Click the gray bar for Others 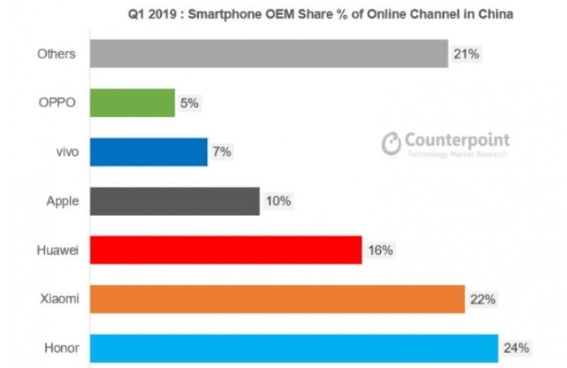268,54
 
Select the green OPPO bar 132,103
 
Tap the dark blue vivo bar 148,152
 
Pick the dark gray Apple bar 175,201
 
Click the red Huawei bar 225,250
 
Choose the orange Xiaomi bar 277,299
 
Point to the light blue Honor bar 293,348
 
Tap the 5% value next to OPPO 189,103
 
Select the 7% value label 222,152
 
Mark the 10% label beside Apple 277,201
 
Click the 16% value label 380,250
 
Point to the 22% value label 482,299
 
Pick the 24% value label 516,348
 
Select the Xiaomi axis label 59,299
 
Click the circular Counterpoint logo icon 392,144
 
